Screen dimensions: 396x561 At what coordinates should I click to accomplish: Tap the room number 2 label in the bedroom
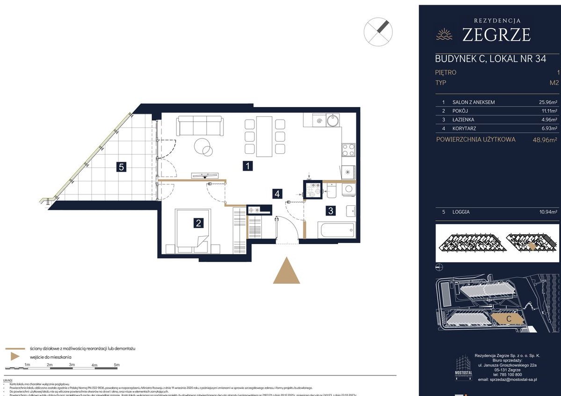tap(199, 223)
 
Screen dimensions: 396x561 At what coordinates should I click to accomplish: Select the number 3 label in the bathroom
tap(331, 210)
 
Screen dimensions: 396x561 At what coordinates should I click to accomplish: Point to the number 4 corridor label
tap(278, 193)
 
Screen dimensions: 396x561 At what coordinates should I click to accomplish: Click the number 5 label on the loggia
tap(121, 167)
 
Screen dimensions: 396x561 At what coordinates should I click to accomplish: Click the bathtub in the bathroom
tap(336, 230)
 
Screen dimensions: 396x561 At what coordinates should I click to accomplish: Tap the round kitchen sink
tap(333, 121)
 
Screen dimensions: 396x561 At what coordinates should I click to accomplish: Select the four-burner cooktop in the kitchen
tap(348, 150)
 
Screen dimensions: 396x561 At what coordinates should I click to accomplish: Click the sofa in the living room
tap(200, 126)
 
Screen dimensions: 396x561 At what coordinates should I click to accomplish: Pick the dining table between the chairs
tap(264, 136)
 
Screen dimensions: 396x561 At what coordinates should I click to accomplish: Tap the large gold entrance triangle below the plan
tap(286, 271)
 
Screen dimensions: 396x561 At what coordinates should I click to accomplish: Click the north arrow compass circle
tap(378, 31)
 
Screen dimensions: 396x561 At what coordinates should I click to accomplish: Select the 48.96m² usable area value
tap(542, 139)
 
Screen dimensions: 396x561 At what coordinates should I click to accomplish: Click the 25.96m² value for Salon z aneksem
tap(547, 102)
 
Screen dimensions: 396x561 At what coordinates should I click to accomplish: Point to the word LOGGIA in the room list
tap(461, 212)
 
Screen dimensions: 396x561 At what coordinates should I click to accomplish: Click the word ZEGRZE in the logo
tap(496, 35)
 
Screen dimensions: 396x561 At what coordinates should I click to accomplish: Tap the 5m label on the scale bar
tap(117, 365)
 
